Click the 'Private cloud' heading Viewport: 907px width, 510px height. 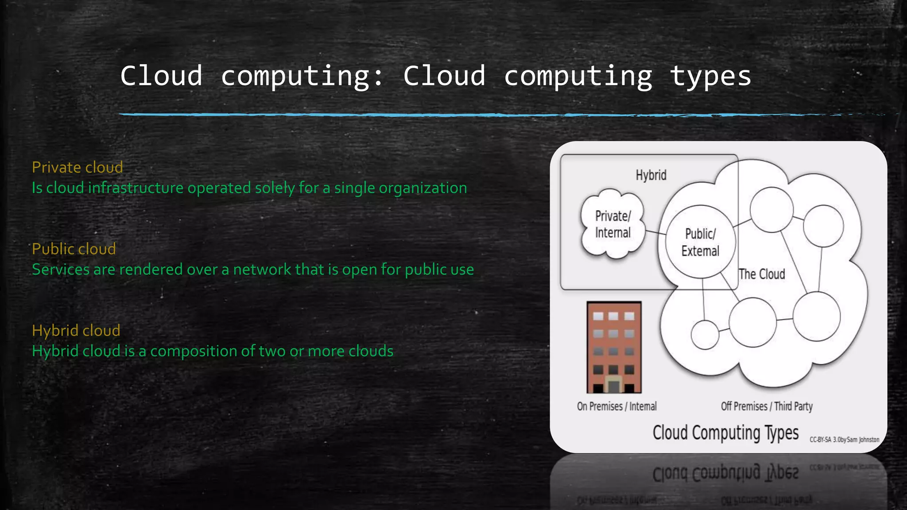[x=78, y=167]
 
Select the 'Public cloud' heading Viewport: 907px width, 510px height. [x=74, y=249]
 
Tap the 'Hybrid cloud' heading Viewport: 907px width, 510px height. [x=76, y=330]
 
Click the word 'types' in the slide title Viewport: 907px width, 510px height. [x=710, y=76]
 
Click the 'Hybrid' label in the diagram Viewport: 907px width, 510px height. [x=651, y=175]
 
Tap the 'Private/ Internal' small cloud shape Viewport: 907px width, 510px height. [x=613, y=224]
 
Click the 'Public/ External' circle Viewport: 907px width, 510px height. [x=700, y=242]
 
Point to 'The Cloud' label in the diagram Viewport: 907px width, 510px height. [x=762, y=274]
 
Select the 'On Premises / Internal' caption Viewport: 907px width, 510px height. [x=616, y=406]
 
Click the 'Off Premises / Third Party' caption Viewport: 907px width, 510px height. [x=767, y=406]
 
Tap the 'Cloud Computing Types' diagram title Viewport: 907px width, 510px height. [x=725, y=433]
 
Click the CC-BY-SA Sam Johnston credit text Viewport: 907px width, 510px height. [x=844, y=440]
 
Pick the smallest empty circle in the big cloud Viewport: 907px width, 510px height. [x=705, y=335]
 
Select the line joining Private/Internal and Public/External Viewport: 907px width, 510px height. [x=655, y=232]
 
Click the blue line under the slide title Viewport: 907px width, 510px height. [x=443, y=115]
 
